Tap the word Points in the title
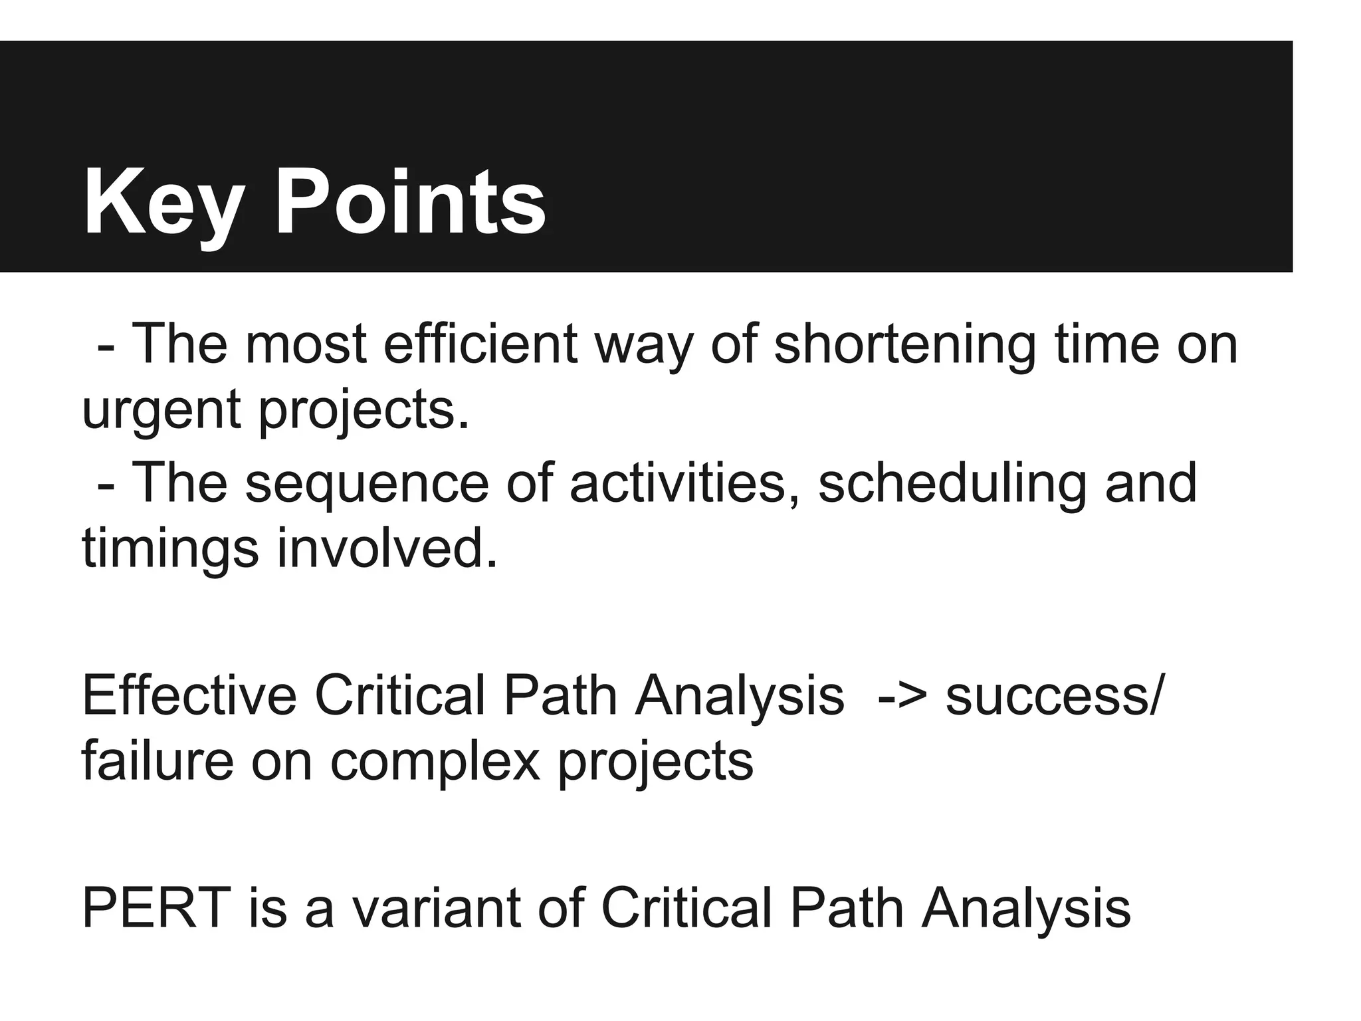410,202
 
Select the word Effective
189,696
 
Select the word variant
436,909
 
